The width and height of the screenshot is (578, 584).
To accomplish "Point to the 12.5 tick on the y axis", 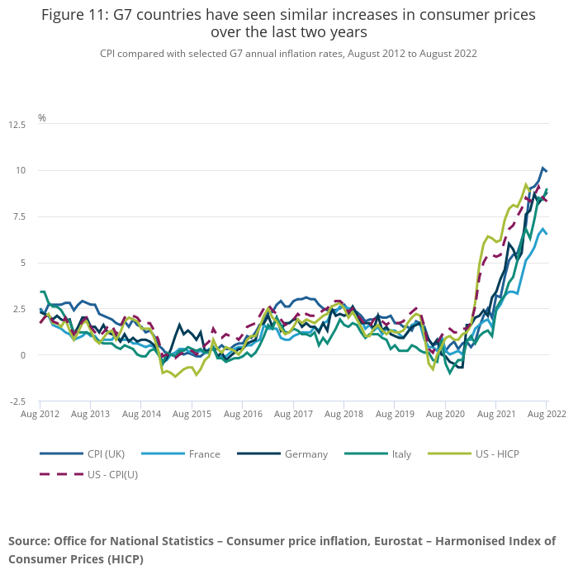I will pos(17,124).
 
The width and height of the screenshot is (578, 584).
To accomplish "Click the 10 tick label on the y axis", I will pos(19,170).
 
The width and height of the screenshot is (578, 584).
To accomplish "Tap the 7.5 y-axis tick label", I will pos(17,216).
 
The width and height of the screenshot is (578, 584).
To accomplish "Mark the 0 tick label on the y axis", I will pos(23,355).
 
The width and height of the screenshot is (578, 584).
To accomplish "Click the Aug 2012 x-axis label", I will pos(40,413).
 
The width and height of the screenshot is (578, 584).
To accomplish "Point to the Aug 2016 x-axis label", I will pos(243,413).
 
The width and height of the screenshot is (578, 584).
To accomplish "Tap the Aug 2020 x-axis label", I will pos(445,413).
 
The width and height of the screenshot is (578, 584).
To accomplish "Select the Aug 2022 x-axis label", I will pos(547,413).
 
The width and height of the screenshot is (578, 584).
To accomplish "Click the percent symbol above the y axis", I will pos(42,118).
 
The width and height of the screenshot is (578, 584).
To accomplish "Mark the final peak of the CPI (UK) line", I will pos(543,168).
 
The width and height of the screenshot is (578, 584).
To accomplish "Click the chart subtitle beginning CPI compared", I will pos(288,53).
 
